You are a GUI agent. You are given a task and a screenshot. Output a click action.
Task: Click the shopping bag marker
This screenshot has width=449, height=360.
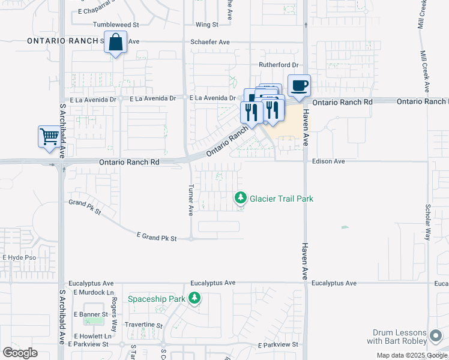tap(115, 43)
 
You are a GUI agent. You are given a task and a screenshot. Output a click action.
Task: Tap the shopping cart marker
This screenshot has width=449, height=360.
tap(49, 137)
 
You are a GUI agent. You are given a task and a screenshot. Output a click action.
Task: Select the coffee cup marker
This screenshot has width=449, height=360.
tap(299, 86)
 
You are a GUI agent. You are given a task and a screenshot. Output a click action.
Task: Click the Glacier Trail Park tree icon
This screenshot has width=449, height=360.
tap(241, 197)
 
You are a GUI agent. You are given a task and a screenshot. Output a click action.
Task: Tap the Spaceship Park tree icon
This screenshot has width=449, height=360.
tap(194, 298)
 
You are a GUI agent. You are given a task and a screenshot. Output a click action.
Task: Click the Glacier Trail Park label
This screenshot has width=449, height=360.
tap(282, 199)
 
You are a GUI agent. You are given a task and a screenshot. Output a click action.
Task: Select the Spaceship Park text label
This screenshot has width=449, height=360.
tap(156, 298)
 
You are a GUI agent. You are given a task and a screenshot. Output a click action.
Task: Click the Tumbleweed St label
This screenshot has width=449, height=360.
tap(116, 25)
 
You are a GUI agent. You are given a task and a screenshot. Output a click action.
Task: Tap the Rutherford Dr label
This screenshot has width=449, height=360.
tap(279, 65)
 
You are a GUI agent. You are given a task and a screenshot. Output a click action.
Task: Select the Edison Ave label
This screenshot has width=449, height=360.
tap(328, 161)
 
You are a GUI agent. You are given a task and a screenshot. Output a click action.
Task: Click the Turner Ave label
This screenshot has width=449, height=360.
tap(191, 200)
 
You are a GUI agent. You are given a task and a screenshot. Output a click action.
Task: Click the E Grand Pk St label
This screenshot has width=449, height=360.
tap(157, 238)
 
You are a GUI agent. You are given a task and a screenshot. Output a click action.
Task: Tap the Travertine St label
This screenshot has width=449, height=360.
tap(143, 325)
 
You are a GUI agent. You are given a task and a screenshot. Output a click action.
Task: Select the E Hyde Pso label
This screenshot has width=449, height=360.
tap(20, 257)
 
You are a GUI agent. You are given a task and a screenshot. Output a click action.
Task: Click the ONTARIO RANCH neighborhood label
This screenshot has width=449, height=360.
tap(62, 41)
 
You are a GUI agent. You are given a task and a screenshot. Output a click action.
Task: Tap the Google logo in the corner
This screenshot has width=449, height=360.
tap(20, 352)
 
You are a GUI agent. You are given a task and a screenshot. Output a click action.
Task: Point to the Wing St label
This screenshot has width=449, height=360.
tap(206, 25)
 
